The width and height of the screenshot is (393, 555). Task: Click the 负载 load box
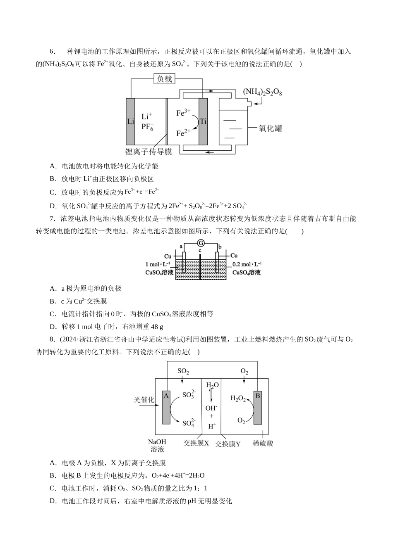164,79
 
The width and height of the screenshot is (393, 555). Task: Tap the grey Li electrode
130,121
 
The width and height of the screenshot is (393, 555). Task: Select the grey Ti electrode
203,121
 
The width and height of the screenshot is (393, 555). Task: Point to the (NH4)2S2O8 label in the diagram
262,92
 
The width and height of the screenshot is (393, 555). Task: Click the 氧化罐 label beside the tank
271,128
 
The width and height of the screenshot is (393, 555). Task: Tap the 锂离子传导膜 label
149,152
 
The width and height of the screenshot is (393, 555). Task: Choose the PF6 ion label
147,127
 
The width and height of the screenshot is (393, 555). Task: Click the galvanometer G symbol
201,243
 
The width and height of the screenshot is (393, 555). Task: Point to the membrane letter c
200,251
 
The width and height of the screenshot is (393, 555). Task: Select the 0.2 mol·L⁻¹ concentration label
247,264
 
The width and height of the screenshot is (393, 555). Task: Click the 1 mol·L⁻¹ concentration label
158,264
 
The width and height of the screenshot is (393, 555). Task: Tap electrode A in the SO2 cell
166,407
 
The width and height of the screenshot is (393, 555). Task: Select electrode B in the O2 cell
257,407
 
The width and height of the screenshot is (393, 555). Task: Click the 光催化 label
144,400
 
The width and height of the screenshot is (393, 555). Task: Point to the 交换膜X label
196,443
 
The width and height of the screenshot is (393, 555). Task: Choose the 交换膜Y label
228,444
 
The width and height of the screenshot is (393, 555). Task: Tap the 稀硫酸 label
263,443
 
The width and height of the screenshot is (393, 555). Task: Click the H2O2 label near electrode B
238,398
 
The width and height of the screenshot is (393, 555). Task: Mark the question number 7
52,219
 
